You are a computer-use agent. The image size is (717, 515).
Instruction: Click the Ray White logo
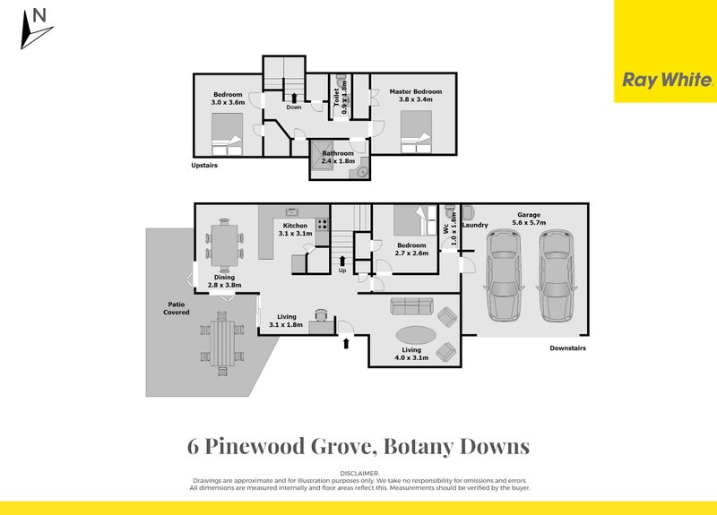pyautogui.click(x=667, y=80)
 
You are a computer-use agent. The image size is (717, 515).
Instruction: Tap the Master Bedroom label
pyautogui.click(x=415, y=95)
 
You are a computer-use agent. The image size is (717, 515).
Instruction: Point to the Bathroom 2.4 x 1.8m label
pyautogui.click(x=338, y=157)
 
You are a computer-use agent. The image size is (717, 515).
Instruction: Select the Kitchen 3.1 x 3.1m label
pyautogui.click(x=295, y=229)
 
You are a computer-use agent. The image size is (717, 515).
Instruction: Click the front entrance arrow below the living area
pyautogui.click(x=347, y=342)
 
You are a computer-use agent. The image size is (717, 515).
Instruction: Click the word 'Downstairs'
pyautogui.click(x=567, y=348)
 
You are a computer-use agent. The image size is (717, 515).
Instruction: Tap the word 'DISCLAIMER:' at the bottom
pyautogui.click(x=359, y=472)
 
